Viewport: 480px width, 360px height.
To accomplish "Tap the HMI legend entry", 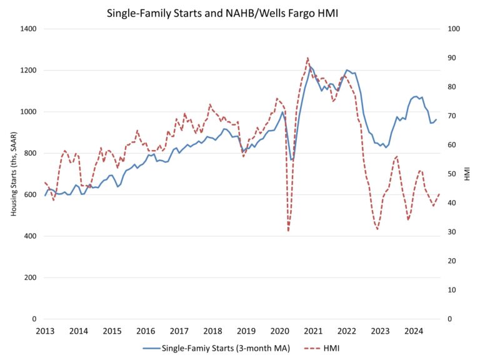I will (x=331, y=347).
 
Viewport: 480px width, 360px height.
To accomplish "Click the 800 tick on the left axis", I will (x=31, y=153).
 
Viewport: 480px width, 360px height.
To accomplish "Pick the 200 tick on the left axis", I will (x=31, y=277).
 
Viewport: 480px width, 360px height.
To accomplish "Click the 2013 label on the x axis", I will (x=45, y=330).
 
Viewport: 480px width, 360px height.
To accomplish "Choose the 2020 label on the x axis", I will (x=279, y=330).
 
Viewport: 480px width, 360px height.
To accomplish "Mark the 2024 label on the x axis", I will (x=412, y=330).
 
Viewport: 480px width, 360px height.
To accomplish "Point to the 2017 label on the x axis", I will (x=179, y=330).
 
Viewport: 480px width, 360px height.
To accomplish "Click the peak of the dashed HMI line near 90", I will (x=307, y=58).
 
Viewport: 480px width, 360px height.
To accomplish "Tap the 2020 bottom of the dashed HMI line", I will (x=288, y=231).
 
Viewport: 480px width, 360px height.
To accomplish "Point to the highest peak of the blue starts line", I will (x=310, y=66).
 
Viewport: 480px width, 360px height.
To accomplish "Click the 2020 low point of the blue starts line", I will (x=291, y=160).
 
